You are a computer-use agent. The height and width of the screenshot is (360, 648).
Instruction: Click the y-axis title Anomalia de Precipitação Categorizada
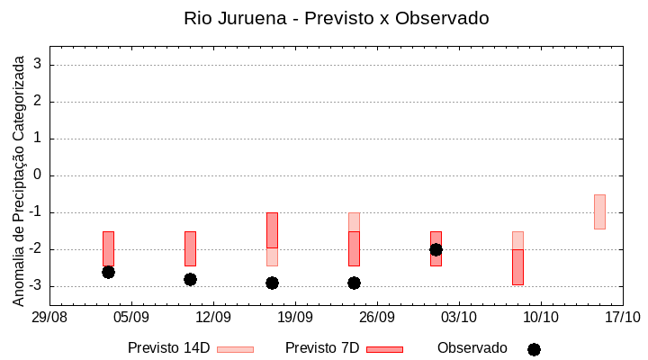[x=19, y=179]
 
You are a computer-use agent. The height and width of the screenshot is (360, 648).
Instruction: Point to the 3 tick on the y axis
[x=38, y=65]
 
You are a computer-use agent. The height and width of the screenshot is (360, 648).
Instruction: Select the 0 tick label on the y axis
[x=38, y=175]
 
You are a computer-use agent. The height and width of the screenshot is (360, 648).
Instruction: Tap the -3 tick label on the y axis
[x=34, y=286]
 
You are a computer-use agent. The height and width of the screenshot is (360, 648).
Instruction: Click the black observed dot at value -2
[x=436, y=249]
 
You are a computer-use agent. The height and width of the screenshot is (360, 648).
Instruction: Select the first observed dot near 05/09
[x=108, y=272]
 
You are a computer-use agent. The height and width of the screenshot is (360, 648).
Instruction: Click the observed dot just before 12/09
[x=190, y=279]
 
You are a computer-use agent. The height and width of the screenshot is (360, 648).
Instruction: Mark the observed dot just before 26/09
[x=354, y=283]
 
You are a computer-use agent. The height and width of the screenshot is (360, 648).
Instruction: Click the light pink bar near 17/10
[x=599, y=211]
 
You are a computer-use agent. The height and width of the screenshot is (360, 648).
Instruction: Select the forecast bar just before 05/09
[x=108, y=248]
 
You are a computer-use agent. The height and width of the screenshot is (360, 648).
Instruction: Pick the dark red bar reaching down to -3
[x=517, y=266]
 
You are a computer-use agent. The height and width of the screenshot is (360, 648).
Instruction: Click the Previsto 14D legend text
[x=168, y=348]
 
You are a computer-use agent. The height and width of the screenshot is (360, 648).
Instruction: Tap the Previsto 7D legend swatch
[x=384, y=349]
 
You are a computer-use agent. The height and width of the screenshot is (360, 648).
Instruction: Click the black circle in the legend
[x=534, y=349]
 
